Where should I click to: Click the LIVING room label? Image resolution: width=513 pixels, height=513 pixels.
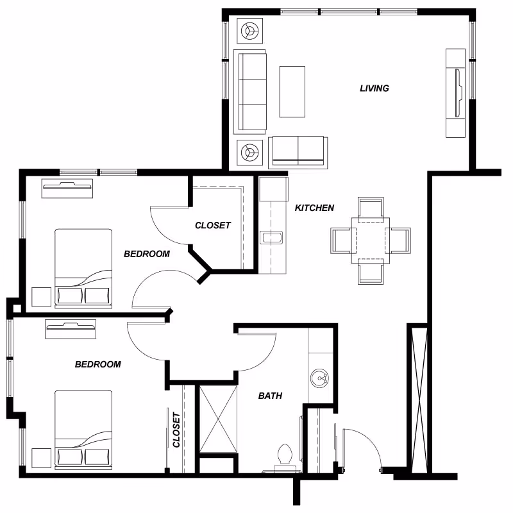pyautogui.click(x=374, y=88)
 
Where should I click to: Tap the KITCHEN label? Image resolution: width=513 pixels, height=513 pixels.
pyautogui.click(x=314, y=208)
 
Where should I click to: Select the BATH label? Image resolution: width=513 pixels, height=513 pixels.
pyautogui.click(x=270, y=396)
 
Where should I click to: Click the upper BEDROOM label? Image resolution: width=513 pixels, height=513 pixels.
pyautogui.click(x=147, y=254)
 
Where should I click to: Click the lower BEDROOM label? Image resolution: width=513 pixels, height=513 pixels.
pyautogui.click(x=98, y=364)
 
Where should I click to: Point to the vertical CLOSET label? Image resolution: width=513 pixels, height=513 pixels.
pyautogui.click(x=176, y=429)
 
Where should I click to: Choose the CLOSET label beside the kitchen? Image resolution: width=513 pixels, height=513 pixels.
pyautogui.click(x=213, y=225)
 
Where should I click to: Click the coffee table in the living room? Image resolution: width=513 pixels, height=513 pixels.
pyautogui.click(x=292, y=91)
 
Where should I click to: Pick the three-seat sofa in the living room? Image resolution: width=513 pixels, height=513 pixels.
pyautogui.click(x=250, y=90)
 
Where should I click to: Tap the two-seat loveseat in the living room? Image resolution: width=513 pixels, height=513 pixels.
pyautogui.click(x=298, y=151)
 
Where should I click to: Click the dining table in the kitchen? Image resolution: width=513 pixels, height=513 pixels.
pyautogui.click(x=370, y=240)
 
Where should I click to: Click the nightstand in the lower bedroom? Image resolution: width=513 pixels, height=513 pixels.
pyautogui.click(x=41, y=457)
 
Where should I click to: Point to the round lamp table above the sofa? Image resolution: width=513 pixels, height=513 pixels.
pyautogui.click(x=249, y=29)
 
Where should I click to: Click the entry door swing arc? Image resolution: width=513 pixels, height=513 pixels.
pyautogui.click(x=364, y=442)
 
